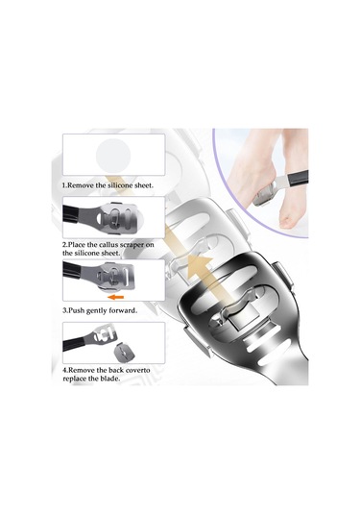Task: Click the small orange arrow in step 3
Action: pyautogui.click(x=116, y=297)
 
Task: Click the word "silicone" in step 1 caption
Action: pyautogui.click(x=121, y=185)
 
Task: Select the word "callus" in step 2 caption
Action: pyautogui.click(x=108, y=245)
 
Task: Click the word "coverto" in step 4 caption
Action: pyautogui.click(x=138, y=370)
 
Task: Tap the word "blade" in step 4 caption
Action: pyautogui.click(x=110, y=379)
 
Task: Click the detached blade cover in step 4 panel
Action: pyautogui.click(x=123, y=352)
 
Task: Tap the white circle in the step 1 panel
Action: pyautogui.click(x=113, y=155)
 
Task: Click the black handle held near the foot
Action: pyautogui.click(x=298, y=177)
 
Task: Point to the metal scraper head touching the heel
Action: pyautogui.click(x=264, y=195)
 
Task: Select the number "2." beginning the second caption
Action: pyautogui.click(x=65, y=245)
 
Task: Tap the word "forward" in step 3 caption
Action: pyautogui.click(x=124, y=310)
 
